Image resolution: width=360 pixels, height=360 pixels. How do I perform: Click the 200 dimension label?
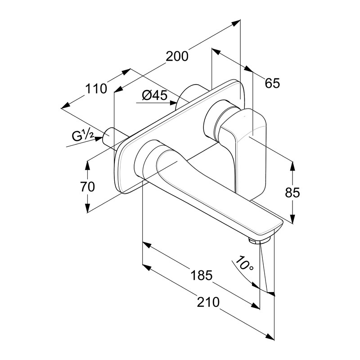177,56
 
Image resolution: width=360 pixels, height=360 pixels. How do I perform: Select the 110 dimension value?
97,89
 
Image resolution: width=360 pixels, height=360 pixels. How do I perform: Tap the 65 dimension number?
272,83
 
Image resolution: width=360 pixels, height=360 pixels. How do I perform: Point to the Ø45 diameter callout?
154,95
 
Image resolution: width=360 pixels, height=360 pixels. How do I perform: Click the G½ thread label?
82,135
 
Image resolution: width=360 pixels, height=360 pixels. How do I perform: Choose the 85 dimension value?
292,193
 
